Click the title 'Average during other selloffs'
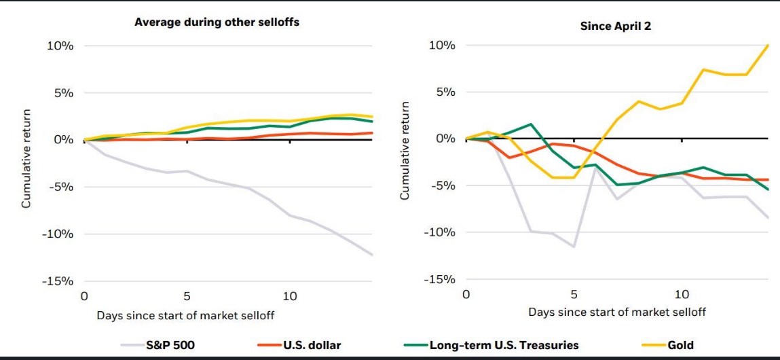pyautogui.click(x=217, y=22)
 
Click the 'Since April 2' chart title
pyautogui.click(x=615, y=26)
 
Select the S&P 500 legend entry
pyautogui.click(x=170, y=345)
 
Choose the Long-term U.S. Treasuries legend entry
pyautogui.click(x=504, y=345)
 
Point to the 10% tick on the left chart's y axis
pyautogui.click(x=60, y=46)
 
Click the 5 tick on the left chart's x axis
pyautogui.click(x=187, y=296)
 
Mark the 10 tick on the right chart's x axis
pyautogui.click(x=682, y=294)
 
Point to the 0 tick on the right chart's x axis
pyautogui.click(x=466, y=294)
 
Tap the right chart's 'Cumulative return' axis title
pyautogui.click(x=405, y=151)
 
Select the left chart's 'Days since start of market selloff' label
pyautogui.click(x=185, y=315)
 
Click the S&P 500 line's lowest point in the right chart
pyautogui.click(x=574, y=247)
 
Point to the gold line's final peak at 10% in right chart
pyautogui.click(x=768, y=46)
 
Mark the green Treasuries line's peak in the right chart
pyautogui.click(x=530, y=124)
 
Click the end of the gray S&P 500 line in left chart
pyautogui.click(x=372, y=255)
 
